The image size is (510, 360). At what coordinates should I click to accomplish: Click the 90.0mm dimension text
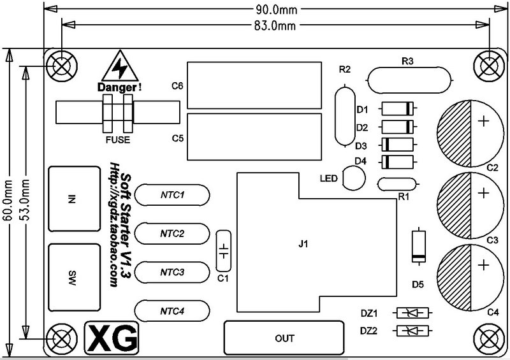pyautogui.click(x=276, y=10)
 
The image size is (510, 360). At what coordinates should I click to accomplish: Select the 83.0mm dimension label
pyautogui.click(x=275, y=25)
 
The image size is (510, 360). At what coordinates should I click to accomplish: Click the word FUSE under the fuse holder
pyautogui.click(x=118, y=140)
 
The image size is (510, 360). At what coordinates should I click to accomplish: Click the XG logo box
pyautogui.click(x=112, y=338)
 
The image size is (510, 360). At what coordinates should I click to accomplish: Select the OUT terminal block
pyautogui.click(x=284, y=338)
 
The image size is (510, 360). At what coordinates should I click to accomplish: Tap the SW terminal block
pyautogui.click(x=75, y=277)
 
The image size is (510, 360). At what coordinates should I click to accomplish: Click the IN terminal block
pyautogui.click(x=75, y=199)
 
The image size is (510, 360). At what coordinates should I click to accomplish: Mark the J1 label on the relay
pyautogui.click(x=303, y=243)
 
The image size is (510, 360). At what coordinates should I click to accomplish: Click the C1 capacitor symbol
pyautogui.click(x=224, y=251)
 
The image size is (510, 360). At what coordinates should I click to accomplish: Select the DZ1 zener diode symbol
pyautogui.click(x=412, y=313)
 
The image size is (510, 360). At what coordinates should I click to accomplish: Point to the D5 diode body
pyautogui.click(x=419, y=246)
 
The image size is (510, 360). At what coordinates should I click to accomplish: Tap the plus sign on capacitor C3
pyautogui.click(x=484, y=193)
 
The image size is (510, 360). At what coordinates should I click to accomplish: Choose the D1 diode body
pyautogui.click(x=397, y=108)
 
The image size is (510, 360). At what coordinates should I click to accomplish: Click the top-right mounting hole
pyautogui.click(x=488, y=66)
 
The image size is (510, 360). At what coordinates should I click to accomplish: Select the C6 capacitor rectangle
pyautogui.click(x=254, y=85)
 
